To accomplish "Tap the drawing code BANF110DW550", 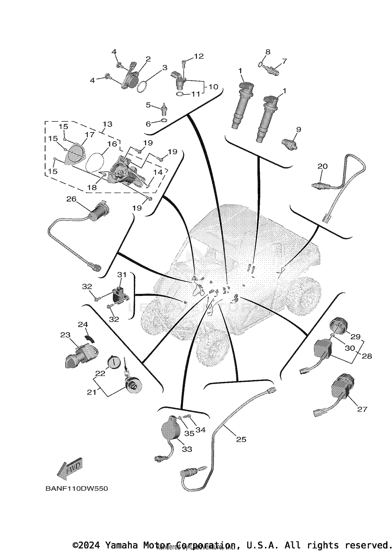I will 77,488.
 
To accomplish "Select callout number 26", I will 71,199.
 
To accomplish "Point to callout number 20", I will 322,166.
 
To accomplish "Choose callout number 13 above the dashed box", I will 107,124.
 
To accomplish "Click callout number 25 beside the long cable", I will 241,439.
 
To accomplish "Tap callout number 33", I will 187,449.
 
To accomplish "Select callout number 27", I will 362,409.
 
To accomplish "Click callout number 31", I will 122,275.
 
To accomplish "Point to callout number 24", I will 83,324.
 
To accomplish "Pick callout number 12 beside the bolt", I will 199,56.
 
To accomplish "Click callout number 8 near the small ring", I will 268,52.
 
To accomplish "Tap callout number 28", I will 367,356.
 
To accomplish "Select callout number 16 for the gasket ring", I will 112,144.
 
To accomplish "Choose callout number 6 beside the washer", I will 148,124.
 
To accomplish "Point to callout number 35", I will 189,433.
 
